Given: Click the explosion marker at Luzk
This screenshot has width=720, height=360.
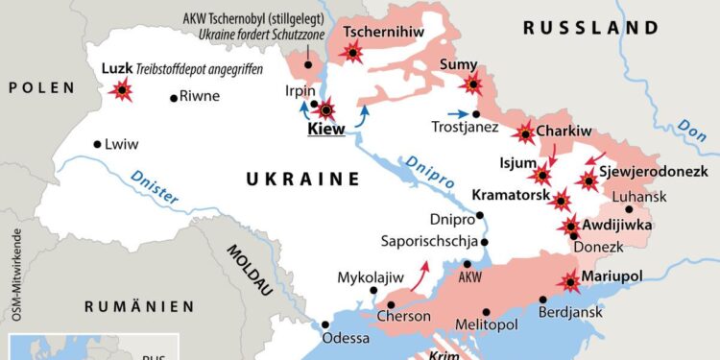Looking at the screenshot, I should [x=122, y=91].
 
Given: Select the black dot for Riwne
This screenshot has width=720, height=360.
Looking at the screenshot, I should [x=173, y=96].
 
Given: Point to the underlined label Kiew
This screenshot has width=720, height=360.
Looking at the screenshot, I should [x=325, y=129].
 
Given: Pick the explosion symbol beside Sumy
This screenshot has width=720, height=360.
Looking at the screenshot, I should [x=471, y=84].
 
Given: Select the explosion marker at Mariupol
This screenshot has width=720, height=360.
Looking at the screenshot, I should [x=571, y=281].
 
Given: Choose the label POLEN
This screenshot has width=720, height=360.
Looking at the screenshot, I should [x=41, y=87].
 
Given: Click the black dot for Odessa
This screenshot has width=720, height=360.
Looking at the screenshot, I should [x=326, y=324].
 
